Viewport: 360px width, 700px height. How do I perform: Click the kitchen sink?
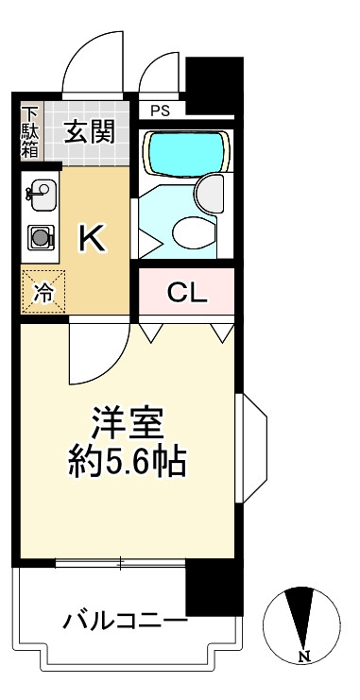[x=40, y=196]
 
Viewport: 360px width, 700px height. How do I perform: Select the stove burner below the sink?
[x=41, y=239]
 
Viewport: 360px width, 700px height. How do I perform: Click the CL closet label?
[x=186, y=293]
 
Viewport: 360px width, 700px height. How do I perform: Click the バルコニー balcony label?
[x=125, y=621]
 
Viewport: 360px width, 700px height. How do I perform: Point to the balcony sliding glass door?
[x=120, y=564]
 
